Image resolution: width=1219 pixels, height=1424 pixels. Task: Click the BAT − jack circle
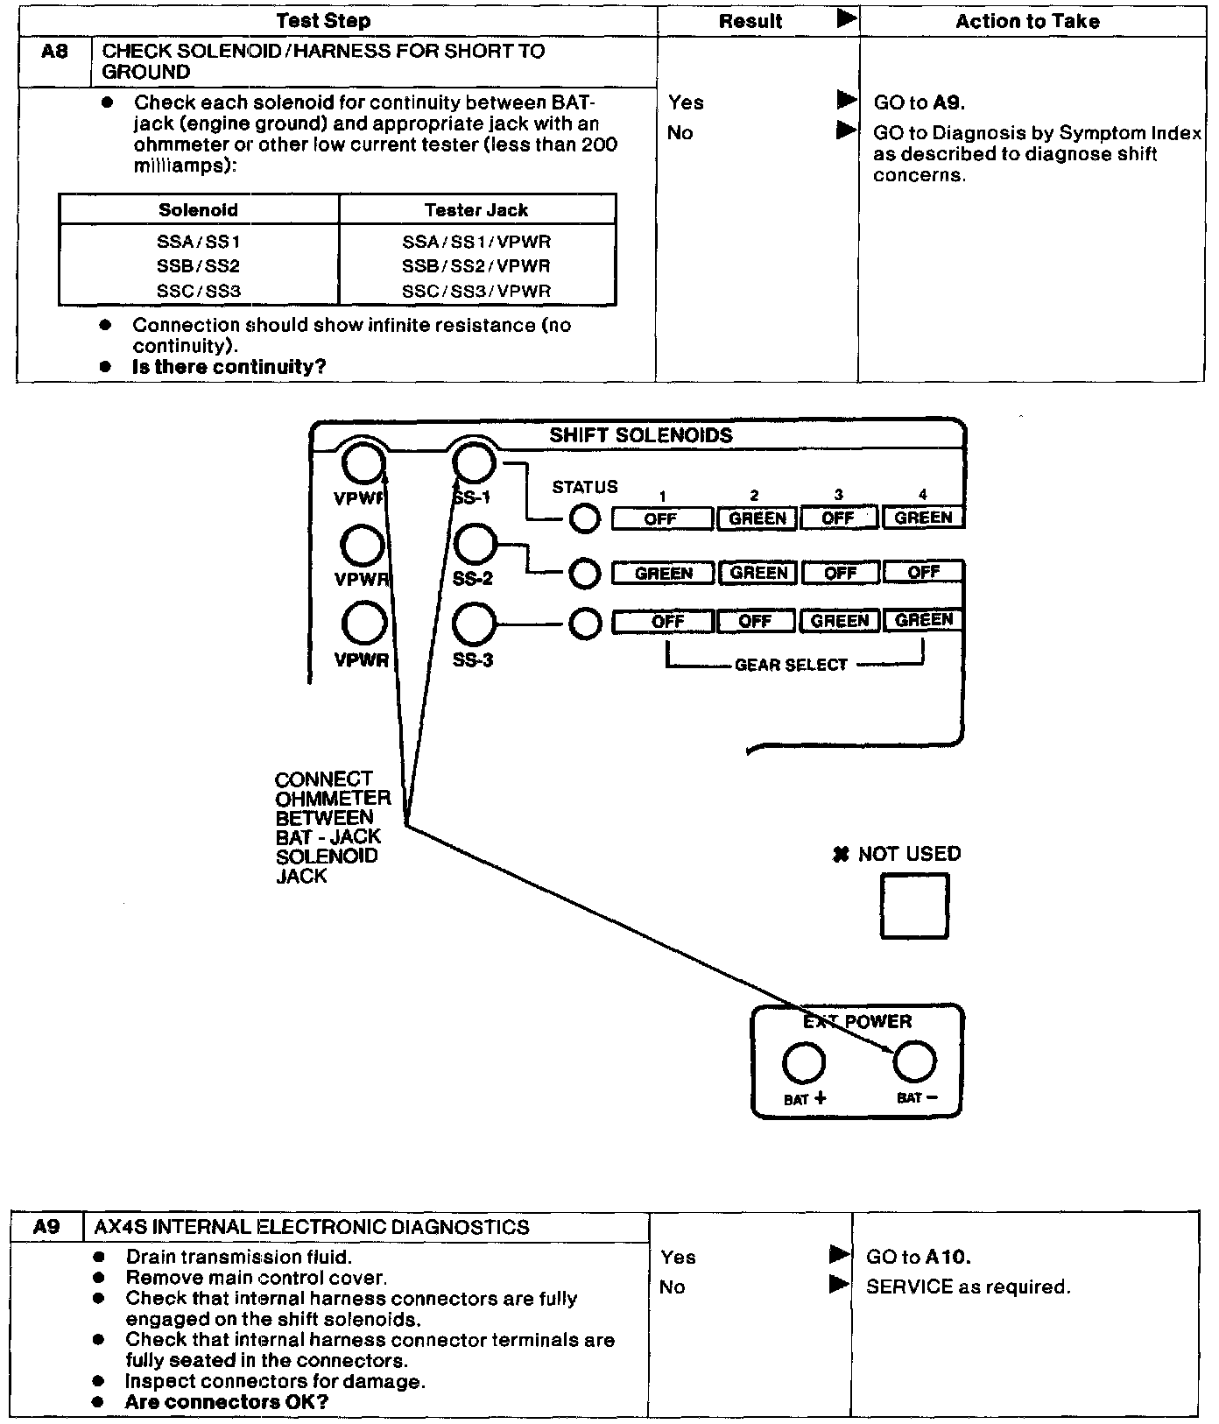913,1062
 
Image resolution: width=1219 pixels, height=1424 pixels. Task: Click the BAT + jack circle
803,1062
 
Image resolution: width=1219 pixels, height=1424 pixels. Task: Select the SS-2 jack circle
474,544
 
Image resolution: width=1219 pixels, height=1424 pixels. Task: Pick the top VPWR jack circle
363,464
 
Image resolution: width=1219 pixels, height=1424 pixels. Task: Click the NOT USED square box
913,906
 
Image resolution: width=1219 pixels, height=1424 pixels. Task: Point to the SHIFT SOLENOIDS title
640,435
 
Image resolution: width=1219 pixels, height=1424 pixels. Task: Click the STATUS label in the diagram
584,487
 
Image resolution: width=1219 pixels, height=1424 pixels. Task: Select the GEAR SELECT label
791,665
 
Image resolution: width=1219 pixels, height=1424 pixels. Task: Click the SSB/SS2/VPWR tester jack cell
476,266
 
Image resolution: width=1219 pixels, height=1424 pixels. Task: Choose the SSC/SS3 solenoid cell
198,291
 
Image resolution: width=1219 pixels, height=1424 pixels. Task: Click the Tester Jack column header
476,210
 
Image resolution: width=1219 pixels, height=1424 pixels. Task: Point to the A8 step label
54,52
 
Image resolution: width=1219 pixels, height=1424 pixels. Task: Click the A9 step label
46,1227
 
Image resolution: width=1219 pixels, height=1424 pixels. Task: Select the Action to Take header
1027,21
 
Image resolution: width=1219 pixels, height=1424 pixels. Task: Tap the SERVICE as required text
968,1287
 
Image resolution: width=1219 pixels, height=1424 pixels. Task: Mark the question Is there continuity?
229,367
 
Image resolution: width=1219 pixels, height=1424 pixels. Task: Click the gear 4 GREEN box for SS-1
923,518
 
